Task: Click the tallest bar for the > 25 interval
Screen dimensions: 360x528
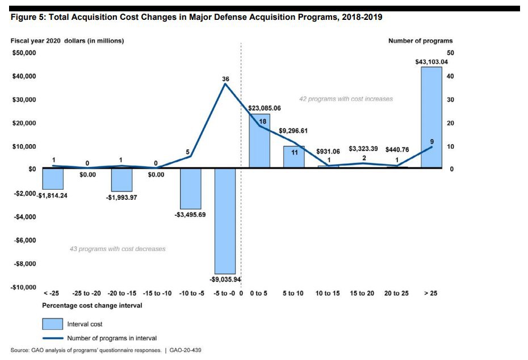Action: [x=431, y=117]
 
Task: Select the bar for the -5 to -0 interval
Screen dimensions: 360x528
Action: [x=225, y=221]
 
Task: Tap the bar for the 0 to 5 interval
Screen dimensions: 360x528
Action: [x=259, y=141]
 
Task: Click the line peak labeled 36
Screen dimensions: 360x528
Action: [x=225, y=83]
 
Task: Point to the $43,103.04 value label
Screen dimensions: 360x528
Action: [x=431, y=62]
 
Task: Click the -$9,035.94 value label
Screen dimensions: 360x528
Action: [x=225, y=279]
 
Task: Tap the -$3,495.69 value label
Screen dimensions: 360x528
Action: [x=191, y=215]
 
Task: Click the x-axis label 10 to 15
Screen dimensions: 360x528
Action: [x=328, y=294]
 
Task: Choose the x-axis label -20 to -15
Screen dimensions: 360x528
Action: [x=121, y=294]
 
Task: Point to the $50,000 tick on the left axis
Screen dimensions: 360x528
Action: [x=24, y=53]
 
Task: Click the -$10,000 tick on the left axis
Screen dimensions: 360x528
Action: [x=23, y=287]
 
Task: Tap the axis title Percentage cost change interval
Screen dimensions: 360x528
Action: [x=92, y=305]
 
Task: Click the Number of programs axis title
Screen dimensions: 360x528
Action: [x=420, y=41]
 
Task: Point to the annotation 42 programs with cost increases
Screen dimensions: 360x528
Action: [x=346, y=99]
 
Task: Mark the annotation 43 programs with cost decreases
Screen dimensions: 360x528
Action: [x=117, y=249]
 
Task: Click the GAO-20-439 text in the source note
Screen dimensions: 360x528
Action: [x=186, y=350]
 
